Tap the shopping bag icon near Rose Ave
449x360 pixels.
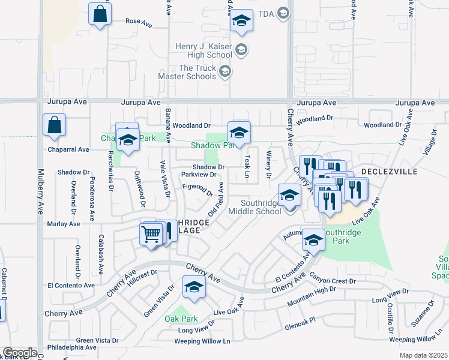click(x=100, y=14)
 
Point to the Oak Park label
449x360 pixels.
click(x=181, y=319)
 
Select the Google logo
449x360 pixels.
click(x=19, y=353)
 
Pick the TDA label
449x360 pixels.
click(x=265, y=13)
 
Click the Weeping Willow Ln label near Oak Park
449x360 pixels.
click(x=202, y=341)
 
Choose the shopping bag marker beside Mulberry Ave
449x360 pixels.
click(x=54, y=125)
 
